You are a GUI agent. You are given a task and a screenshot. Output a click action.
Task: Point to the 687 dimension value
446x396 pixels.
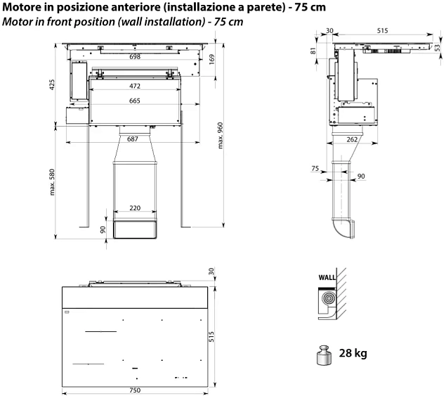coord(132,139)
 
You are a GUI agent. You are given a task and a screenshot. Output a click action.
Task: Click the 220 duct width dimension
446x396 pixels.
coord(135,209)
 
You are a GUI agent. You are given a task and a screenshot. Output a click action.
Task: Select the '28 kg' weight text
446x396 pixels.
coord(352,352)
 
